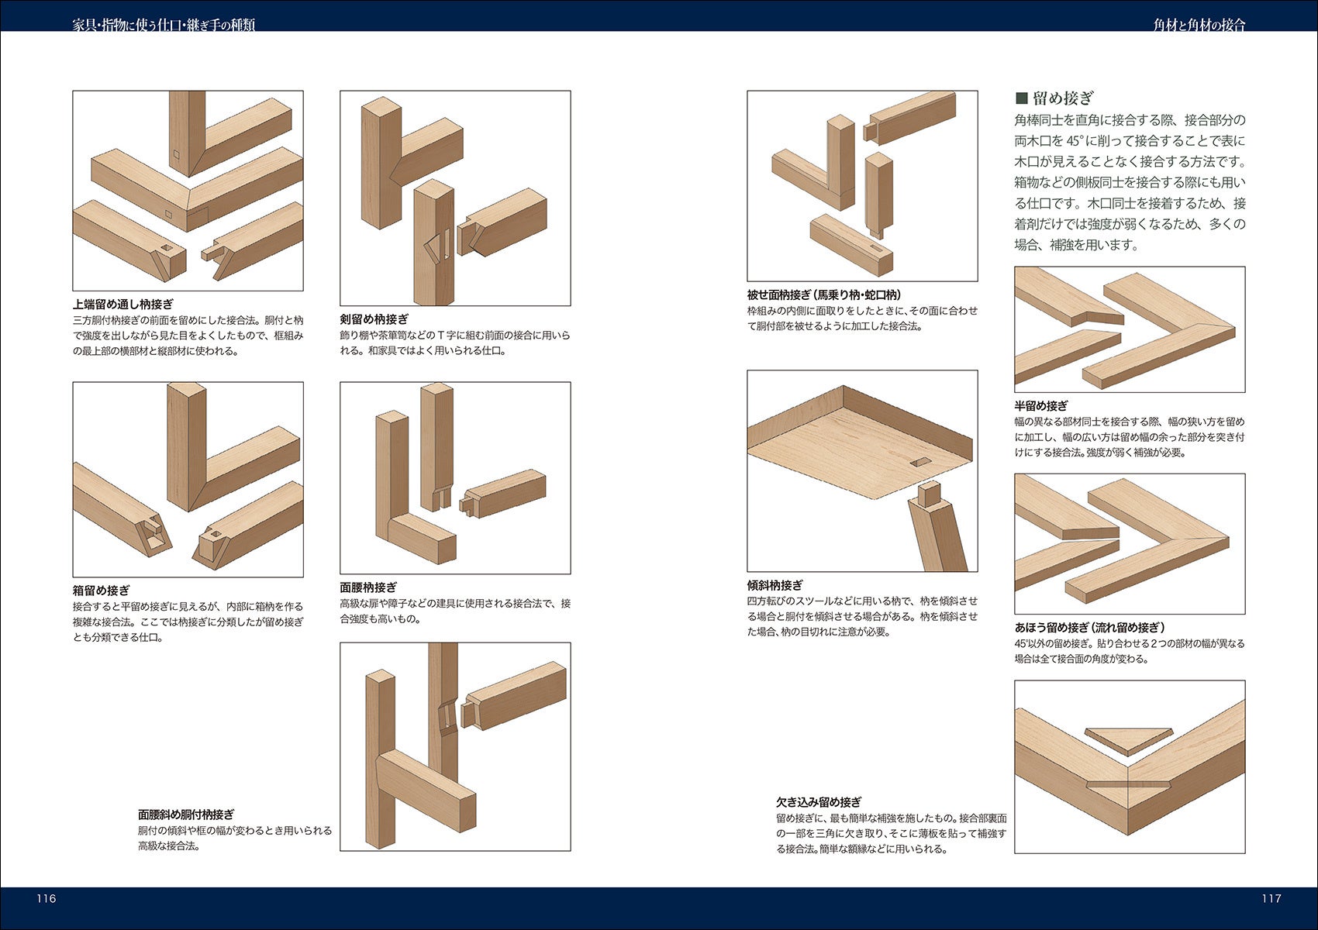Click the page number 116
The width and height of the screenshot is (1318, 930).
point(47,898)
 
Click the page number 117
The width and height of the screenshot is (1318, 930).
point(1271,898)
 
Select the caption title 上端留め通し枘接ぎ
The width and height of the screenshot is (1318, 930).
point(123,304)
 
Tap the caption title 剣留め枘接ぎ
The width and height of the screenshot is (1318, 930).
point(374,319)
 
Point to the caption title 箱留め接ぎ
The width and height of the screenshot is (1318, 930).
point(102,590)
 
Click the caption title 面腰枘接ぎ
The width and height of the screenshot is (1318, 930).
point(368,587)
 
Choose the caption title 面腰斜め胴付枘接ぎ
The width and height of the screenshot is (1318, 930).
point(186,814)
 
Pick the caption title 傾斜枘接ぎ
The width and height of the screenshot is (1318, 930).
point(775,585)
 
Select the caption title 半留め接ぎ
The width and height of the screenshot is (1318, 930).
point(1041,406)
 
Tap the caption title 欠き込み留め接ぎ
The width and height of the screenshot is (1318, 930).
point(819,802)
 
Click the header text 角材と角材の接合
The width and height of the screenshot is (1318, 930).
point(1199,25)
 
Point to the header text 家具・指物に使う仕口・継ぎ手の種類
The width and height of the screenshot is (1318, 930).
point(164,25)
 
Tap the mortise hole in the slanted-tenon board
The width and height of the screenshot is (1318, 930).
point(921,463)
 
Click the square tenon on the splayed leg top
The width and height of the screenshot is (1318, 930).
point(929,494)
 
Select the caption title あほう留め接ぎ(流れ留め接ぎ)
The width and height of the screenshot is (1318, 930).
point(1090,627)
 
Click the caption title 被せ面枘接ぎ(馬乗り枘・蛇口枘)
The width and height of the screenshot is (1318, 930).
point(823,294)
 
